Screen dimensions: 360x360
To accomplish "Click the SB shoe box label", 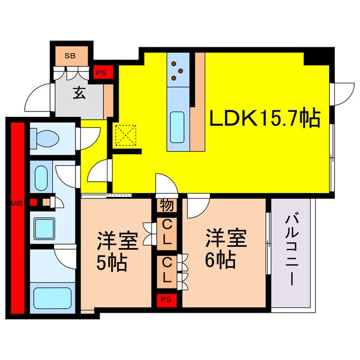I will pos(70,56).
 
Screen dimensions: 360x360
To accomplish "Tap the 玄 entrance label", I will pos(79,93).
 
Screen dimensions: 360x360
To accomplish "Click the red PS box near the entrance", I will pos(102,71).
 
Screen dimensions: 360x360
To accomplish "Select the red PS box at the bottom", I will pos(168,299).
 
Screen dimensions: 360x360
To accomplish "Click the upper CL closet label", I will pos(168,232).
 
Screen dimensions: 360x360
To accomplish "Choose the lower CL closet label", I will pos(168,270).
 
